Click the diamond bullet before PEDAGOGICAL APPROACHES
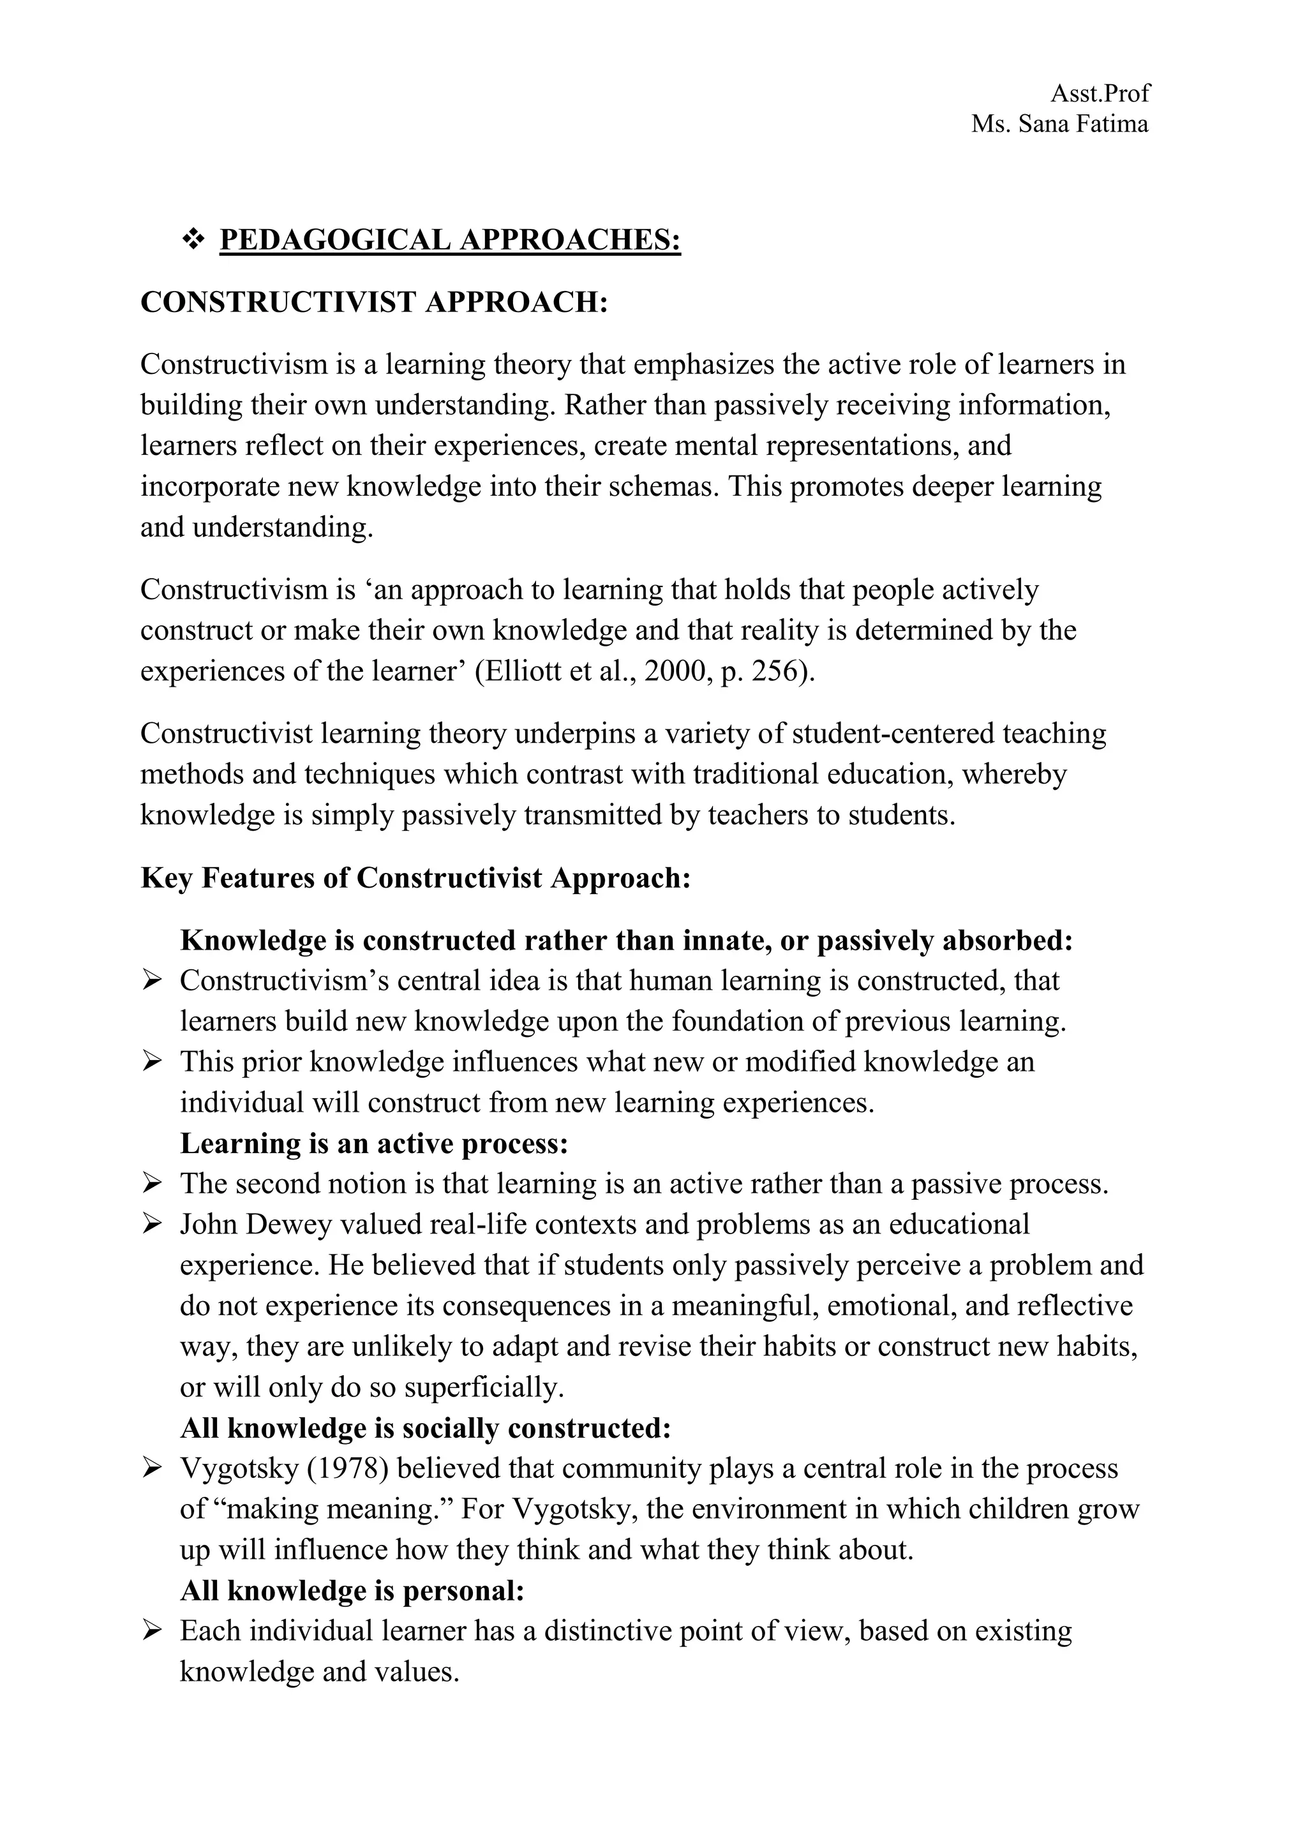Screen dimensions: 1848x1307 193,240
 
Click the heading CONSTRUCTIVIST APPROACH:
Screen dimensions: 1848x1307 374,302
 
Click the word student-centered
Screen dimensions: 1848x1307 894,734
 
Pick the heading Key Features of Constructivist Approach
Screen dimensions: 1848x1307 415,878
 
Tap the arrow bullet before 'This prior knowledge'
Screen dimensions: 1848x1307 151,1062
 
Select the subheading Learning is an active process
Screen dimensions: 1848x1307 374,1144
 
